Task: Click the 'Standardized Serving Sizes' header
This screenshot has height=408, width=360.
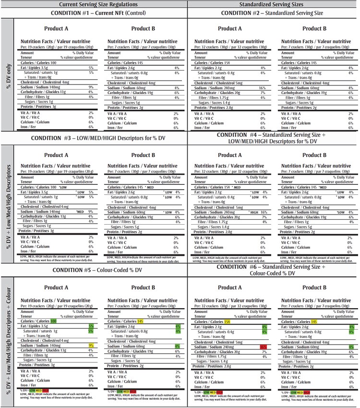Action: tap(273, 4)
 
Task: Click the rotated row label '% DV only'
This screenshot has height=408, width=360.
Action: tap(8, 76)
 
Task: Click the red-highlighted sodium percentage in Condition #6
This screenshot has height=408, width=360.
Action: tap(263, 347)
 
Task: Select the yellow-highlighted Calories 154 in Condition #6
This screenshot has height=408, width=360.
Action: tap(228, 321)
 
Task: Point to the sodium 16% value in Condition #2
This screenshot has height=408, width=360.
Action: tap(262, 88)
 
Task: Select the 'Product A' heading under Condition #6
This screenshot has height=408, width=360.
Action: tap(230, 288)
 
